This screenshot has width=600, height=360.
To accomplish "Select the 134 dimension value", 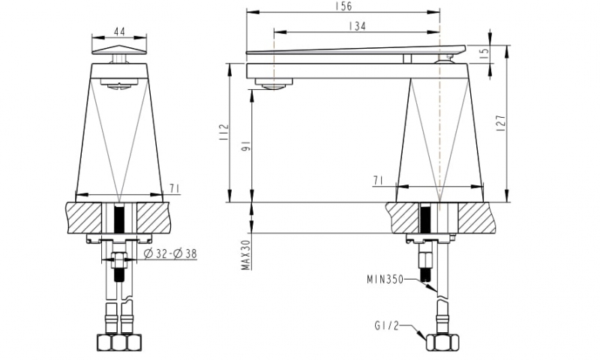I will coord(357,26).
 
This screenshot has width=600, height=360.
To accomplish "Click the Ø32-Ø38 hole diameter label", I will coord(169,253).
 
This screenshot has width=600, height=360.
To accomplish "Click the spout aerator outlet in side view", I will coord(274,85).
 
